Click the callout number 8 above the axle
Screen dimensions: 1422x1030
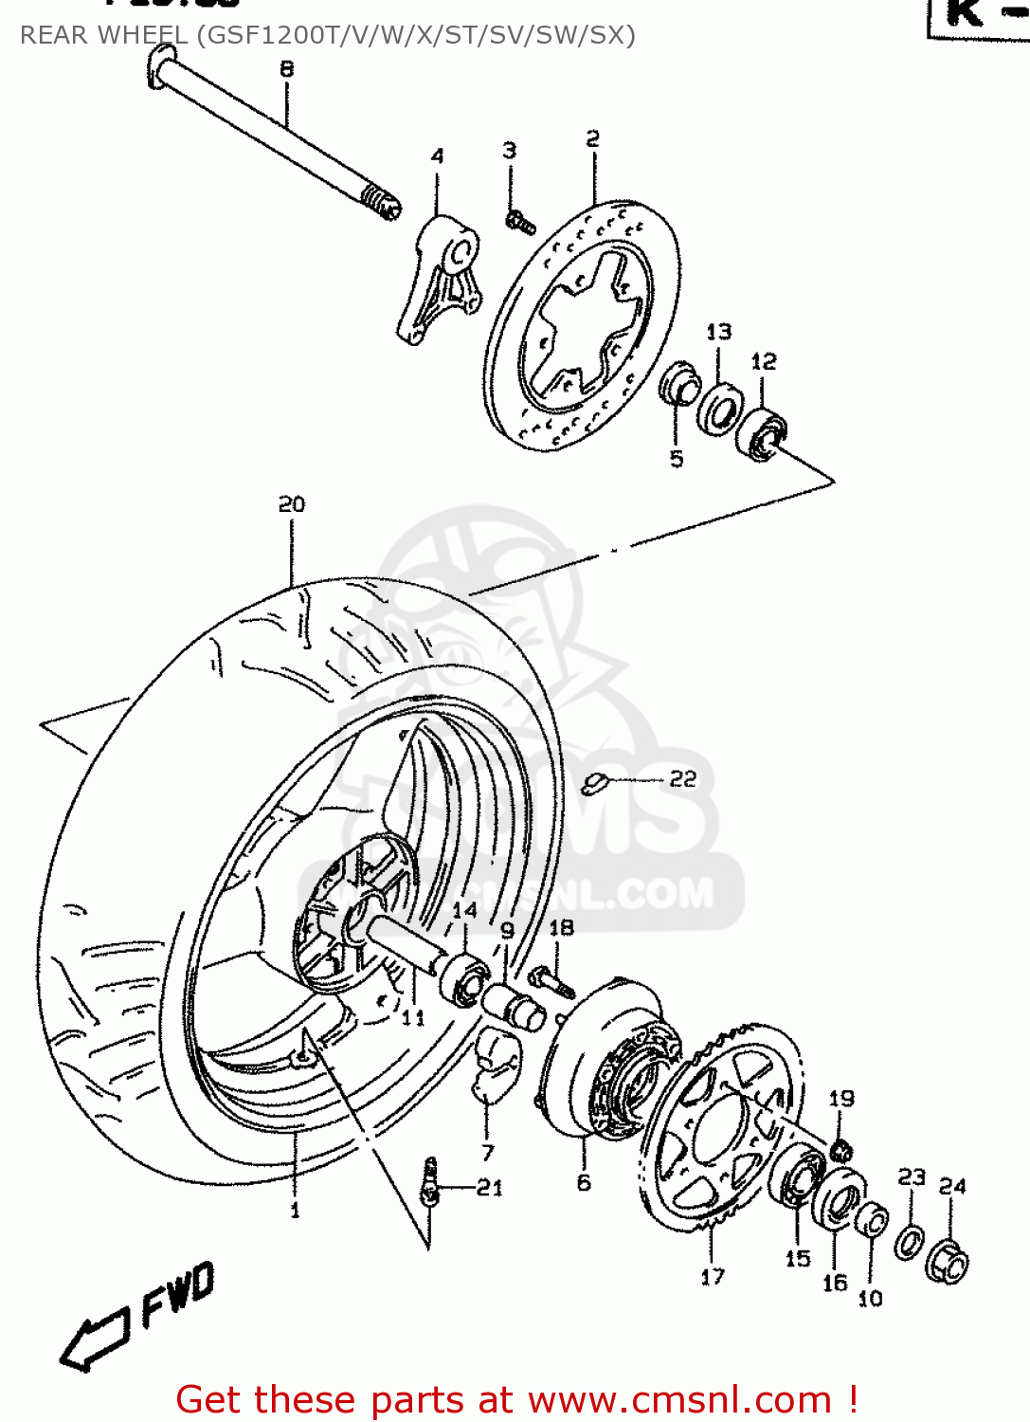tap(286, 69)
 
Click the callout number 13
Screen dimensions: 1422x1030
tap(718, 332)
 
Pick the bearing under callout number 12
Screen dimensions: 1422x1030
tap(762, 434)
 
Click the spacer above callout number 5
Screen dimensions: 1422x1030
tap(679, 384)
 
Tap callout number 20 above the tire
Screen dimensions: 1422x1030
tap(291, 504)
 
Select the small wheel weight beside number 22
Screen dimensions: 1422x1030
tap(594, 784)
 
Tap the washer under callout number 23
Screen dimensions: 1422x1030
tap(911, 1241)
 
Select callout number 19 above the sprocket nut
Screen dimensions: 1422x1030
tap(841, 1099)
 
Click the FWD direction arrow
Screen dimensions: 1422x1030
tap(95, 1341)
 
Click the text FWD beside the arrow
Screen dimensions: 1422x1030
tap(178, 1294)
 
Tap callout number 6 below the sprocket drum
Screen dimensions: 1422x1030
tap(584, 1182)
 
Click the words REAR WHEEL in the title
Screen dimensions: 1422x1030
tap(103, 36)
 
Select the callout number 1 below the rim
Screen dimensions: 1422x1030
tap(295, 1211)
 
